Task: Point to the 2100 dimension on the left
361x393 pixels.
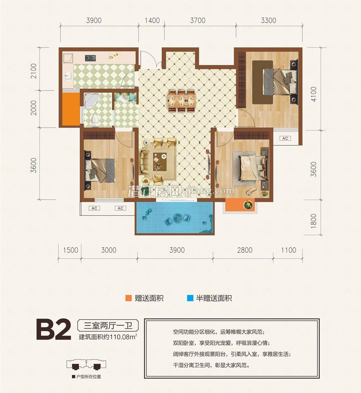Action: (x=33, y=71)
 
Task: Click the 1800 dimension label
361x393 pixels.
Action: (x=313, y=221)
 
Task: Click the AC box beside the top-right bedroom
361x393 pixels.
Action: (x=285, y=138)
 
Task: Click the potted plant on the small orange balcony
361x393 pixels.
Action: (x=248, y=204)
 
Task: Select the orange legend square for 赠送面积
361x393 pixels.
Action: (x=128, y=298)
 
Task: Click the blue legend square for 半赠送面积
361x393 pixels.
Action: (x=190, y=298)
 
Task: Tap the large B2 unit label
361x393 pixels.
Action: (x=53, y=330)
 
